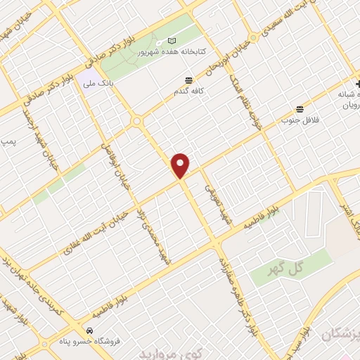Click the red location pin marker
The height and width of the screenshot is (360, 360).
tap(181, 165)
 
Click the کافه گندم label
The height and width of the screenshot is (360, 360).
tap(188, 91)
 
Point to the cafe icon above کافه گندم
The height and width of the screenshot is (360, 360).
tap(188, 80)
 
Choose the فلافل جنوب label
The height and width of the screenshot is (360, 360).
tap(301, 120)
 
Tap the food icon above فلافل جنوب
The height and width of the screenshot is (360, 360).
tap(300, 108)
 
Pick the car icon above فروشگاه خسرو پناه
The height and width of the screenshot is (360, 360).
tap(89, 330)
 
